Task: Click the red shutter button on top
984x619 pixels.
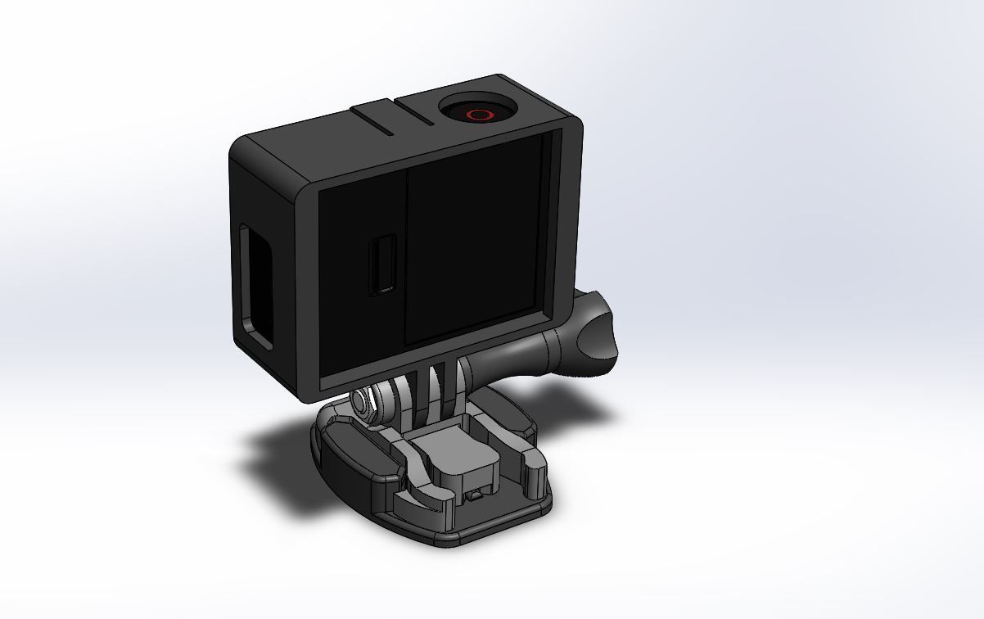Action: pos(480,114)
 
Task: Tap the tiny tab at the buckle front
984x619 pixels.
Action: pos(473,496)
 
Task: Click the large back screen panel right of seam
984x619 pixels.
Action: pos(475,246)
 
